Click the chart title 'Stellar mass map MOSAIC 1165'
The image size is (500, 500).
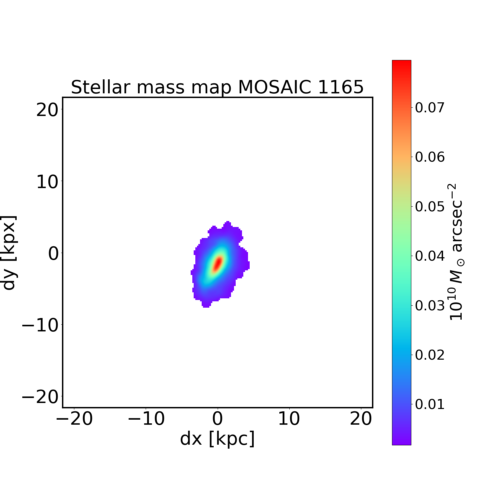click(217, 87)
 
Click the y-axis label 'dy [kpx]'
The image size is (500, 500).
click(9, 253)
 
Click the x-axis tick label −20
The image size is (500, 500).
click(74, 419)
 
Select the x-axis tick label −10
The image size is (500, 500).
click(146, 419)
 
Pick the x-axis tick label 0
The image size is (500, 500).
click(217, 419)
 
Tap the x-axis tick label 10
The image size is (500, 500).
click(289, 419)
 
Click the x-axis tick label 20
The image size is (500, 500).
click(361, 419)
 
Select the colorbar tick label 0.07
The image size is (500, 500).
click(430, 108)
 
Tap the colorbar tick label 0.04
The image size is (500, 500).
click(430, 256)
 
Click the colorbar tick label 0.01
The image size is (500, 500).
click(430, 404)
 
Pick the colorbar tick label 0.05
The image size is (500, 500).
click(430, 207)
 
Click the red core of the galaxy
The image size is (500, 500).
click(218, 263)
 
